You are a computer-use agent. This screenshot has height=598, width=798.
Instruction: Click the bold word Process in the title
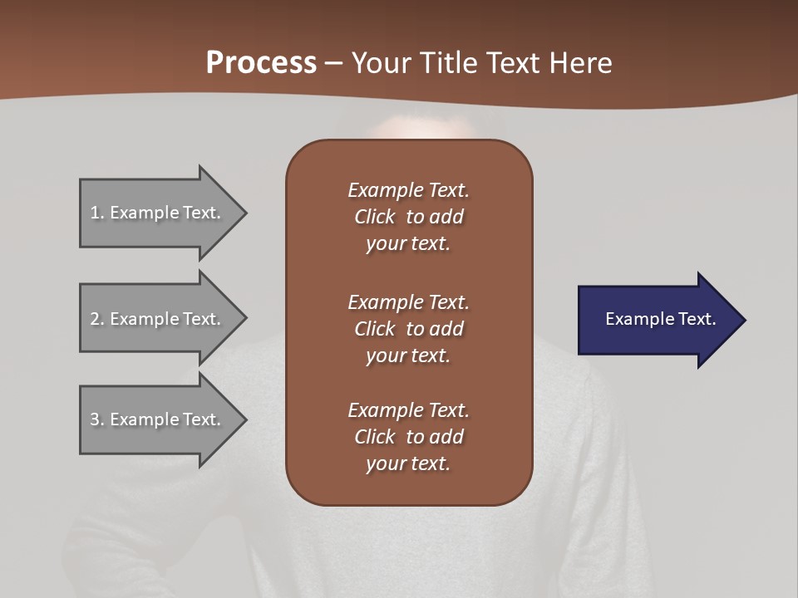click(261, 63)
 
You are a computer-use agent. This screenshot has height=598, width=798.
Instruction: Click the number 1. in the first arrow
click(96, 213)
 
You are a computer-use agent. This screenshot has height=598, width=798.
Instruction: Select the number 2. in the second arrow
click(96, 319)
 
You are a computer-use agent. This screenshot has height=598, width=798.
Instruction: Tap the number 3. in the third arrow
click(96, 419)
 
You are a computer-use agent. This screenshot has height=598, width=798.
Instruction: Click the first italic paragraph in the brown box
click(408, 217)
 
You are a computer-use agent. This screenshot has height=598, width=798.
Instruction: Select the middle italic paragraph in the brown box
click(408, 329)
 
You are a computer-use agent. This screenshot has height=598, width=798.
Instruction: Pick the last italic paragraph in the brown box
click(408, 437)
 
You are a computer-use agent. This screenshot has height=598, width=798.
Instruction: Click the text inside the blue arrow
click(661, 319)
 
